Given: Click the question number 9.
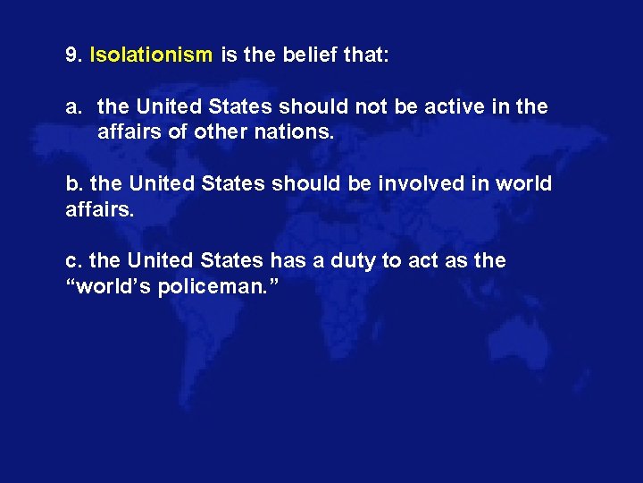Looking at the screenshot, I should click(x=73, y=55).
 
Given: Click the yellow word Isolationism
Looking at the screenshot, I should click(x=151, y=55).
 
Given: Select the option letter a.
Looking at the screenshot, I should click(x=72, y=107).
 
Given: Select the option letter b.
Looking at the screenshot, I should click(x=72, y=184).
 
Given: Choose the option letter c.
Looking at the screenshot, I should click(x=72, y=261).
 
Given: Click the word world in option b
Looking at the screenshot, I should click(x=523, y=184).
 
